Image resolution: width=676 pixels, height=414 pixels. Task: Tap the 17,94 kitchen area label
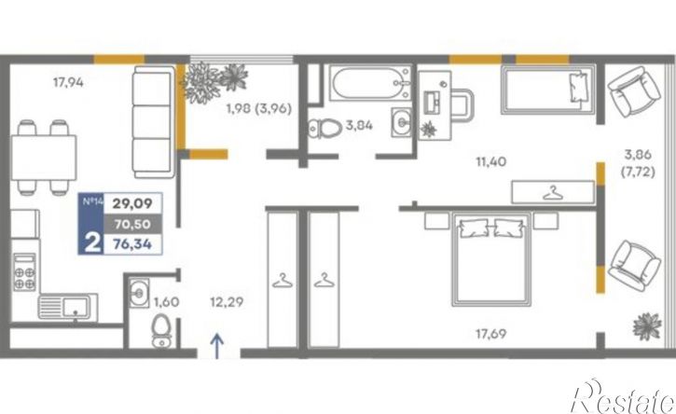[x=68, y=82]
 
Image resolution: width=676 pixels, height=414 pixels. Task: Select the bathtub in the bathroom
[x=370, y=83]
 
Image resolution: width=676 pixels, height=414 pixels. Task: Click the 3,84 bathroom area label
[x=359, y=126]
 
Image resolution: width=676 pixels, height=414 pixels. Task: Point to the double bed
[x=491, y=259]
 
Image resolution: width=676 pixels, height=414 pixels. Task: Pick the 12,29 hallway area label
[x=227, y=302]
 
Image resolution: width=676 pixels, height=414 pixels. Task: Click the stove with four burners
[x=24, y=272]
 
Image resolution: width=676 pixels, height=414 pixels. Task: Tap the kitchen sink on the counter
[x=67, y=307]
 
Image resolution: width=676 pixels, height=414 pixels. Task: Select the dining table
[x=44, y=158]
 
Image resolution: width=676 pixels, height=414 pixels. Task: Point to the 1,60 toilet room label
[x=166, y=302]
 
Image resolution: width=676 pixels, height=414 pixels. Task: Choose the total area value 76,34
[x=132, y=244]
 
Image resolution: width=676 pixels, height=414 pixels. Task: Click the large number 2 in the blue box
[x=92, y=242]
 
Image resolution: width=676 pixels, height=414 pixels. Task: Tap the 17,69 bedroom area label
[x=491, y=334]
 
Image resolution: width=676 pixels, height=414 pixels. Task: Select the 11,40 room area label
[x=491, y=161]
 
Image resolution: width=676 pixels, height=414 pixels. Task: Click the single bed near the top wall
[x=548, y=90]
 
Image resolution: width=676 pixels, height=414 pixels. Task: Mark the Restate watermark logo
[x=622, y=397]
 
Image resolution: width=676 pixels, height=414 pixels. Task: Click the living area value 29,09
[x=132, y=203]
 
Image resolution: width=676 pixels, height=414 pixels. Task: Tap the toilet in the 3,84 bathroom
[x=324, y=128]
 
